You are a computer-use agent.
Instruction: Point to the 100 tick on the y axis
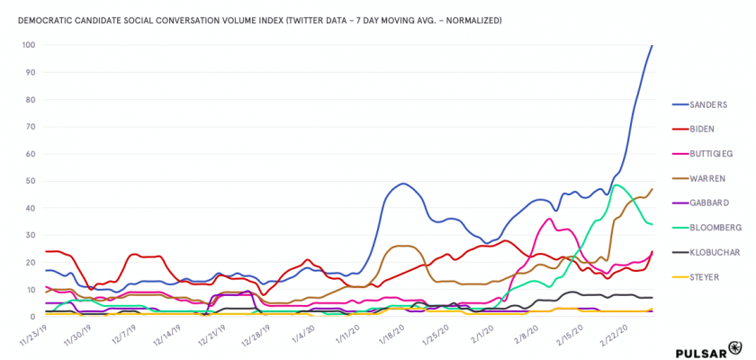click(29, 45)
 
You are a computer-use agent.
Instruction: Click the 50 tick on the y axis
click(31, 181)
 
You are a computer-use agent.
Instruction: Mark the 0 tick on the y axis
click(32, 317)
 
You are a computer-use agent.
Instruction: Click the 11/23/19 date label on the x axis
click(32, 337)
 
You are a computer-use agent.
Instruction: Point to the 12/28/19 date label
click(260, 337)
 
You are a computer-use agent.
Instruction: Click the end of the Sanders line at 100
click(652, 46)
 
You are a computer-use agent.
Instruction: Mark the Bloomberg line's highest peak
click(616, 185)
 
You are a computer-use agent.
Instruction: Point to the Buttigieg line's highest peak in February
click(549, 219)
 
